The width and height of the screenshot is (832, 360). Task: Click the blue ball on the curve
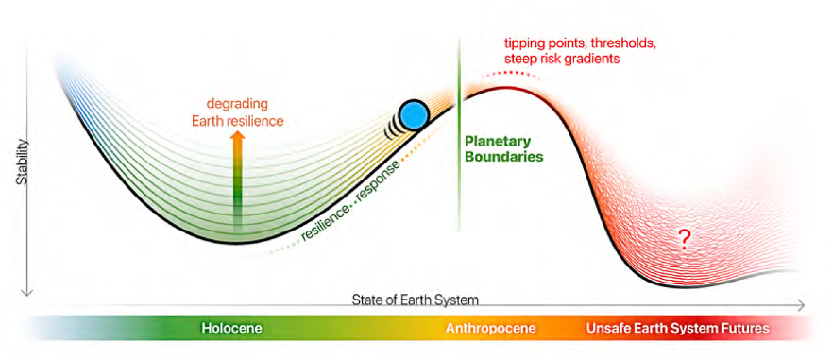pyautogui.click(x=414, y=115)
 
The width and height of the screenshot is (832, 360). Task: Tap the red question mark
pyautogui.click(x=685, y=241)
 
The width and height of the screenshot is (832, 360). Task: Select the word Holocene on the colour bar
pyautogui.click(x=232, y=328)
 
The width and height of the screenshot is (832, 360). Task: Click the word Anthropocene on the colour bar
pyautogui.click(x=490, y=328)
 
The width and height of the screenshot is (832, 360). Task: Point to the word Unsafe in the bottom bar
pyautogui.click(x=606, y=328)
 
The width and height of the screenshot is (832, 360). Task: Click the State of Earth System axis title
pyautogui.click(x=415, y=300)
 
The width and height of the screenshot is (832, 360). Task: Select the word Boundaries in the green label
pyautogui.click(x=504, y=157)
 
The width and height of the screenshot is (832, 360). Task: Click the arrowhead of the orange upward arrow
pyautogui.click(x=238, y=136)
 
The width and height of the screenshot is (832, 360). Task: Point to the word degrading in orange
pyautogui.click(x=237, y=103)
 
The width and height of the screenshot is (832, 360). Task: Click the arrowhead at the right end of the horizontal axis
pyautogui.click(x=801, y=305)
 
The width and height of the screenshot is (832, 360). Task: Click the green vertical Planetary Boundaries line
pyautogui.click(x=459, y=133)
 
